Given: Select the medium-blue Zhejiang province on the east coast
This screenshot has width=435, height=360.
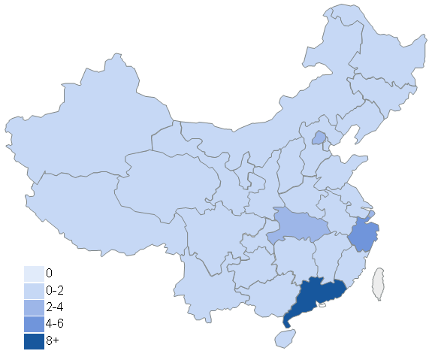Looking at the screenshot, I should coord(363,236).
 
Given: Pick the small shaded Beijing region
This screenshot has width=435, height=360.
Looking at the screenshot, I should coord(319,138).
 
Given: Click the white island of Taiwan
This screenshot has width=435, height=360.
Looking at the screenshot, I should coord(379,284).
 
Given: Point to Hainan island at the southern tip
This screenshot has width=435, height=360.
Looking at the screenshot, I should coord(285,339).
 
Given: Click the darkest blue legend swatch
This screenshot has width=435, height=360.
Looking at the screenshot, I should coord(34,342).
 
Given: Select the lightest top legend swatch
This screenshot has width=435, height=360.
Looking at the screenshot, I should coord(34,274).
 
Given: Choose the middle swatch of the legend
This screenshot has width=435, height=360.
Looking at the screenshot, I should coord(34,307).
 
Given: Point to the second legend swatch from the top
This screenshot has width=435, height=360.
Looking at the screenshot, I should coord(34,291).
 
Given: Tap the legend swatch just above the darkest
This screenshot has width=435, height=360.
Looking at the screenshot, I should coord(34,324).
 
